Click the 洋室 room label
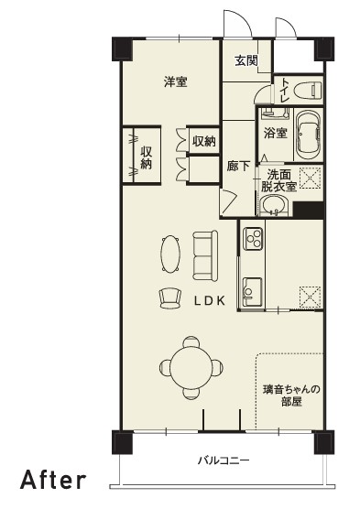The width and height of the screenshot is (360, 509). coord(176,81)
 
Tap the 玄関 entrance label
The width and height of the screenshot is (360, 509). coord(246,60)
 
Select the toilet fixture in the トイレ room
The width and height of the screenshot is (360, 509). coord(308,90)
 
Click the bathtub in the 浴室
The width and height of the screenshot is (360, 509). coord(309,135)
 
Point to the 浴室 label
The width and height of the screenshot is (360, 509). coord(276,133)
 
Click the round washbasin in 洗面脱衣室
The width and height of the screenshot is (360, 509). coord(274,206)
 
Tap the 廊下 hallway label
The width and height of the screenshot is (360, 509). coord(238,167)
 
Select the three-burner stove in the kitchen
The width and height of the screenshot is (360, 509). coord(253,239)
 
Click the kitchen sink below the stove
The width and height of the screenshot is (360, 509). coord(252,291)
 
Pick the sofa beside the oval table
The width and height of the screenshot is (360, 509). coord(205,255)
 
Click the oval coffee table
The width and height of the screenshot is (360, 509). coord(170,254)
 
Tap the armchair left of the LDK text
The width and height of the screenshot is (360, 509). coord(170,298)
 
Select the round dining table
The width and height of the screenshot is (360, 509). coord(191,367)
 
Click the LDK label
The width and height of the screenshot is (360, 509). coord(210,301)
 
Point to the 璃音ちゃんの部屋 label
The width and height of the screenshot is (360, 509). coord(291,395)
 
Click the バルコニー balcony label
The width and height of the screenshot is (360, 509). coord(224,460)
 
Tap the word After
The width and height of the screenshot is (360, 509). coord(53,480)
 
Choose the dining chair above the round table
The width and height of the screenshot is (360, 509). coord(191,341)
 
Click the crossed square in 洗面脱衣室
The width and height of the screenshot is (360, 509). coord(310,178)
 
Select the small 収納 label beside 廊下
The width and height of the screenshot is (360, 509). coord(203,141)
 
